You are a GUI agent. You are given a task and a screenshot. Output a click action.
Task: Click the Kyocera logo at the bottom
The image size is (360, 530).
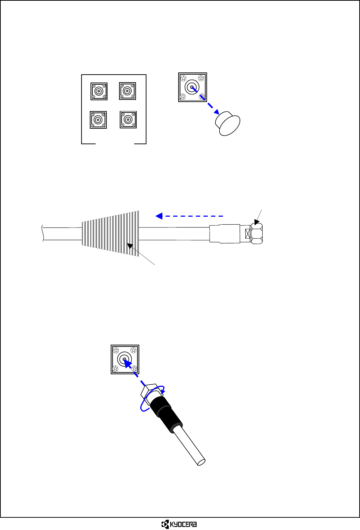click(x=179, y=524)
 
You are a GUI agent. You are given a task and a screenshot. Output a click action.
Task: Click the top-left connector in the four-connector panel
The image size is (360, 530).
click(x=99, y=91)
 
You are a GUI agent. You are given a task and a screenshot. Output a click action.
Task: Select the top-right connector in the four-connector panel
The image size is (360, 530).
click(x=127, y=91)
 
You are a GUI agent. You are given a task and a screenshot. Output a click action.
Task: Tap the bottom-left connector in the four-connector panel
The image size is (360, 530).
click(x=98, y=120)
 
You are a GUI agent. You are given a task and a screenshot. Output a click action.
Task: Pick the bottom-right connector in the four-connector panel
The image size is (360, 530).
click(x=128, y=119)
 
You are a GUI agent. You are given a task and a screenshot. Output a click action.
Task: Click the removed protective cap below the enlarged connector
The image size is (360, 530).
click(x=227, y=123)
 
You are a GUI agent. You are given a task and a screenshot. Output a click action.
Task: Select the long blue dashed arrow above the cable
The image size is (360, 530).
click(x=189, y=216)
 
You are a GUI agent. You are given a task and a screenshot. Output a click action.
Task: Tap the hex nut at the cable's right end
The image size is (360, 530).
click(x=256, y=234)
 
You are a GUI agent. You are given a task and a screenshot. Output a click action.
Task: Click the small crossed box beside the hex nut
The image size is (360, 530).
click(x=247, y=234)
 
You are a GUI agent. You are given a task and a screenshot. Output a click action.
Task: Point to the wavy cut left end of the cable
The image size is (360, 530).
click(x=43, y=233)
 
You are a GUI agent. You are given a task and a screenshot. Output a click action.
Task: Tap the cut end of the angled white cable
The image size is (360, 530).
click(x=202, y=461)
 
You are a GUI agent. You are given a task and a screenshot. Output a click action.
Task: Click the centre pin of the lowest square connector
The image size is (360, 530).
click(x=124, y=359)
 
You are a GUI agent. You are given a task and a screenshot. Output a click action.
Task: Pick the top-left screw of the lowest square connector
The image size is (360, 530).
click(x=116, y=350)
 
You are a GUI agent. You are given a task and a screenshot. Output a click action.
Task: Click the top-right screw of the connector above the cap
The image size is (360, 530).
click(x=201, y=78)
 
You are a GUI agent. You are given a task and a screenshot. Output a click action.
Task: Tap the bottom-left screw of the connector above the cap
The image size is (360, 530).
click(x=183, y=96)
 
